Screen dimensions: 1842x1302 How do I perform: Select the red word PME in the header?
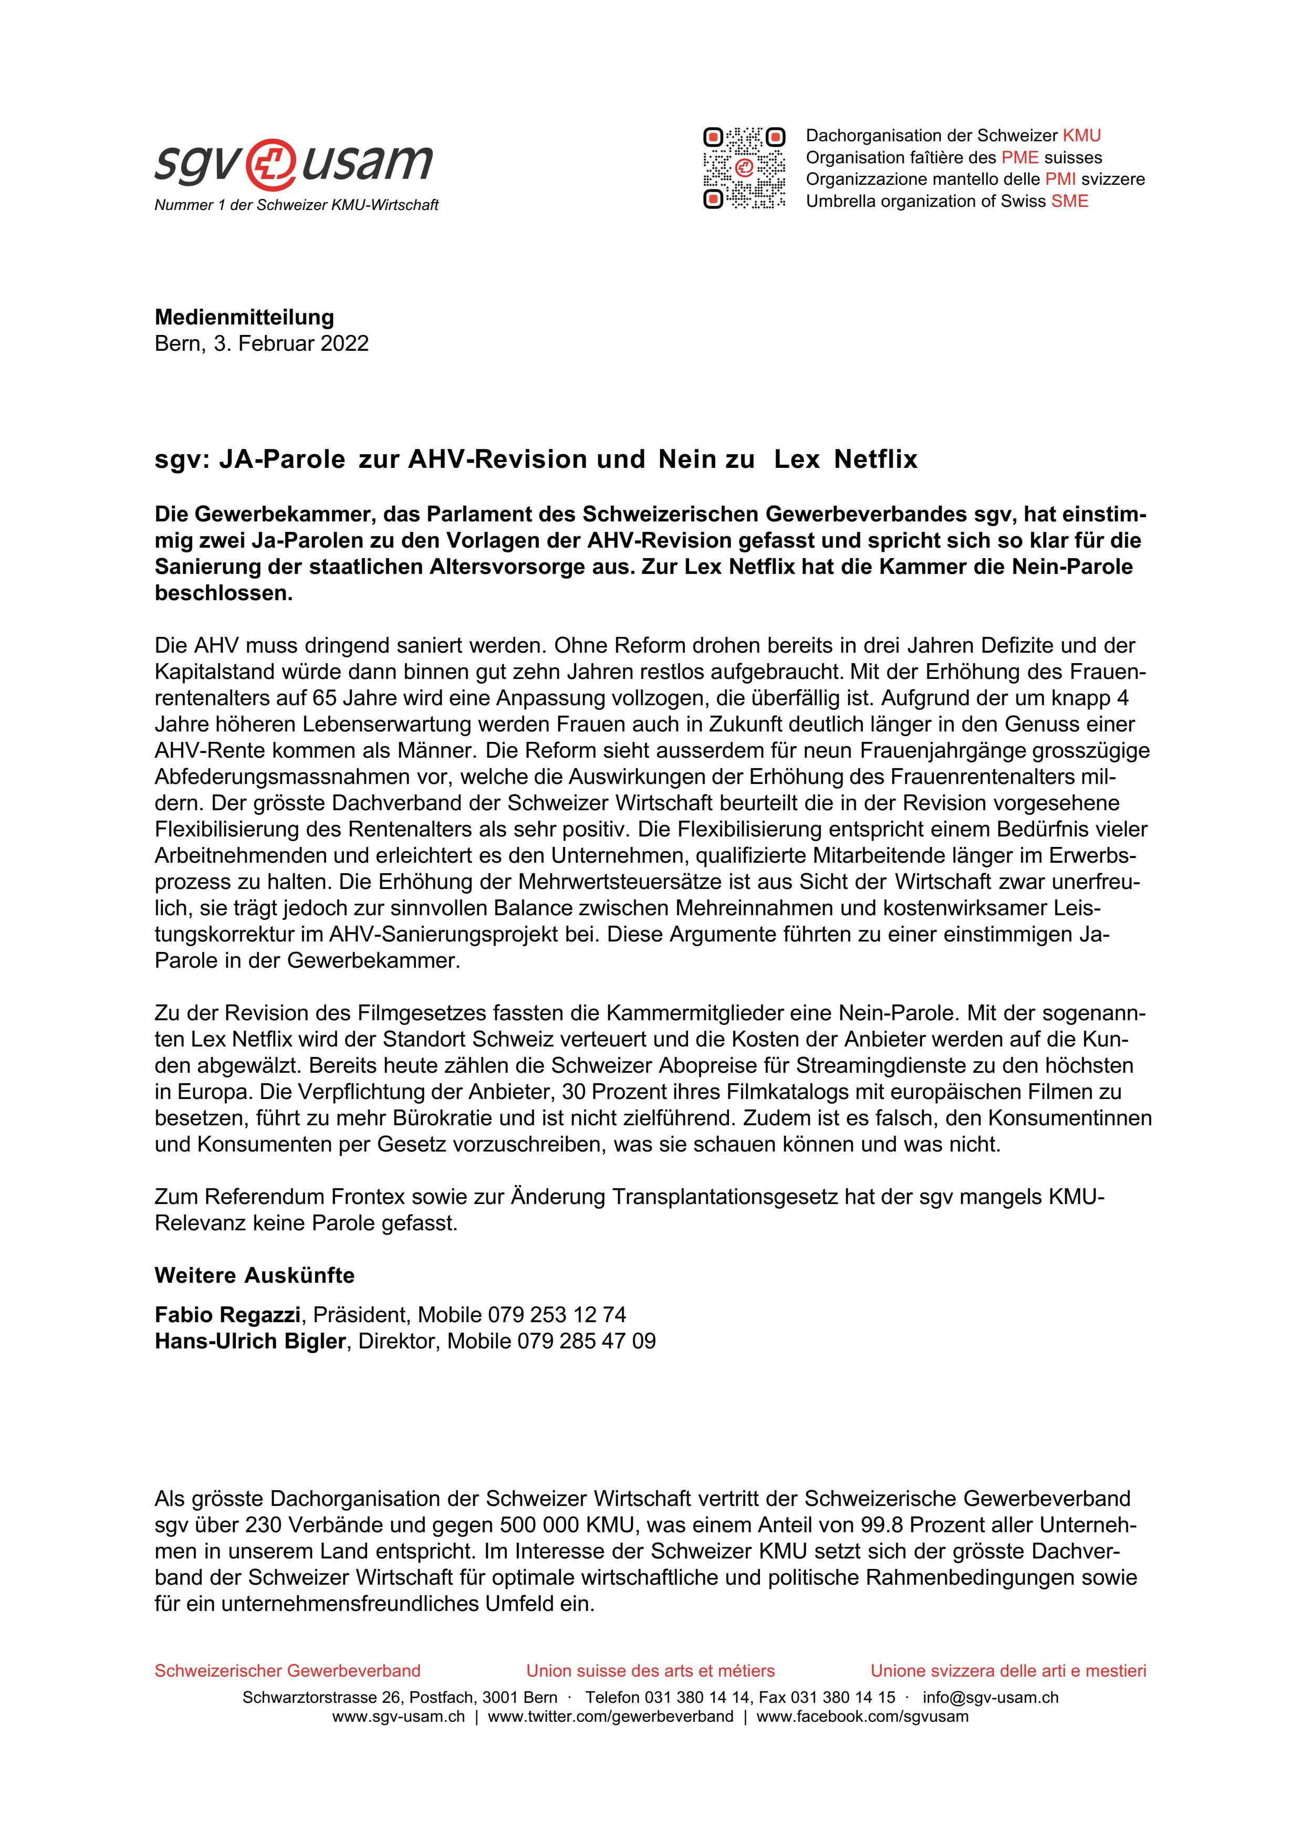(x=1019, y=157)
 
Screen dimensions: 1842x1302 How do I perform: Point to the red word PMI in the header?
(x=1060, y=179)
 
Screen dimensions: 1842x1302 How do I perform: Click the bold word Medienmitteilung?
(x=244, y=317)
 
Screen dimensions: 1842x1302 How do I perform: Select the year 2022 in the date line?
(x=344, y=343)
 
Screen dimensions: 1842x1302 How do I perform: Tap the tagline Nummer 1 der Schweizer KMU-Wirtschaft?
(x=296, y=205)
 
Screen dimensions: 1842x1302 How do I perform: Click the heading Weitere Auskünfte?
(x=254, y=1275)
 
